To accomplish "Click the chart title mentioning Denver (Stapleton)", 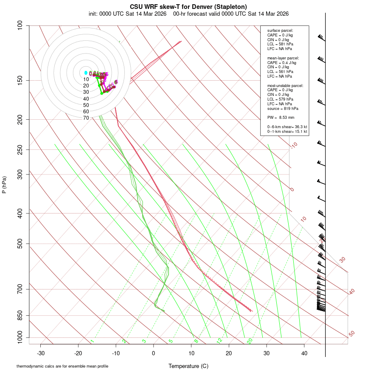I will click(x=188, y=6).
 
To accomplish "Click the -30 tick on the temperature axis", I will click(x=41, y=353).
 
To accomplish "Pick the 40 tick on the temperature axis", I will click(x=304, y=353).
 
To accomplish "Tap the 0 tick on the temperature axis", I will click(x=154, y=353).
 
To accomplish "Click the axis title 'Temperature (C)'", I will click(x=188, y=366).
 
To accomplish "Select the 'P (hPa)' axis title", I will click(x=4, y=185).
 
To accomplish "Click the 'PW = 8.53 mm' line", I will click(x=281, y=117).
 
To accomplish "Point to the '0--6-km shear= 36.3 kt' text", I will click(x=287, y=127).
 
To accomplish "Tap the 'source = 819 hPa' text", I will click(x=282, y=108).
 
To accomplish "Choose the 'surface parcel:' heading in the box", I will click(x=280, y=31).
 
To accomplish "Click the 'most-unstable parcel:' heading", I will click(x=285, y=85).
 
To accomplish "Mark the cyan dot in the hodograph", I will click(x=86, y=73).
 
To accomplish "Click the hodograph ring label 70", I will click(x=86, y=118).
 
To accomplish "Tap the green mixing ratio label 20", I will click(x=250, y=341).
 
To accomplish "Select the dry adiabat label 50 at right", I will click(x=351, y=334).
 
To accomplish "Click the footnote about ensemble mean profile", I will click(x=62, y=366).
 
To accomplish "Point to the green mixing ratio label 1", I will click(x=92, y=341).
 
